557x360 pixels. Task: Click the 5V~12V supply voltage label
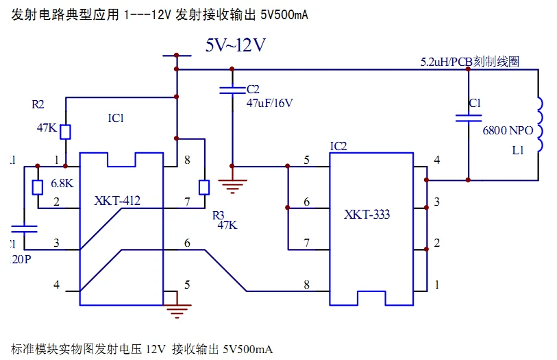[x=236, y=46]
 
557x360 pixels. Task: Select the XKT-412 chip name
[x=117, y=201]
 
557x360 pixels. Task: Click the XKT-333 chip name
[x=367, y=215]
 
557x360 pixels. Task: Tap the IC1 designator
[x=116, y=118]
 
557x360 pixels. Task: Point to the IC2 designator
[x=338, y=146]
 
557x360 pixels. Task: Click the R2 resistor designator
[x=38, y=105]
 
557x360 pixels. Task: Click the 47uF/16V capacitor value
[x=269, y=103]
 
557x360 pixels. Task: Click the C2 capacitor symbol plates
[x=232, y=91]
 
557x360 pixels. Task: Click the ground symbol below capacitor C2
[x=232, y=182]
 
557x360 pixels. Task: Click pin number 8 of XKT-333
[x=306, y=285]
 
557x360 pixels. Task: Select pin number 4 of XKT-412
[x=57, y=285]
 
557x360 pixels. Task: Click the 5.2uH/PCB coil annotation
[x=469, y=62]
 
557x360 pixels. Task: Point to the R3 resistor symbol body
[x=203, y=187]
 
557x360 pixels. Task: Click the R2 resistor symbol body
[x=66, y=131]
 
